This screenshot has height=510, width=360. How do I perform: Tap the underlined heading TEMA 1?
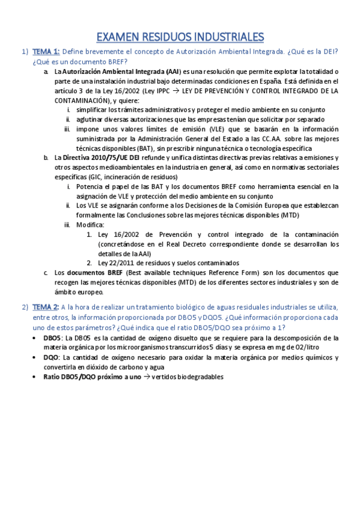(46, 52)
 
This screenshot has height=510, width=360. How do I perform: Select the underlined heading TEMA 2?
(46, 307)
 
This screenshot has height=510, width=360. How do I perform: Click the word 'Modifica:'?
(90, 225)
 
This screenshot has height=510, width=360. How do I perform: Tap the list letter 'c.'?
(46, 273)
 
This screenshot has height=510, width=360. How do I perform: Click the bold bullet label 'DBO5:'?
(53, 338)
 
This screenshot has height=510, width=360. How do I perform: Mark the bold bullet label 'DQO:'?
(53, 357)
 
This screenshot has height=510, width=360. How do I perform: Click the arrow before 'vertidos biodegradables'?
(147, 377)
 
